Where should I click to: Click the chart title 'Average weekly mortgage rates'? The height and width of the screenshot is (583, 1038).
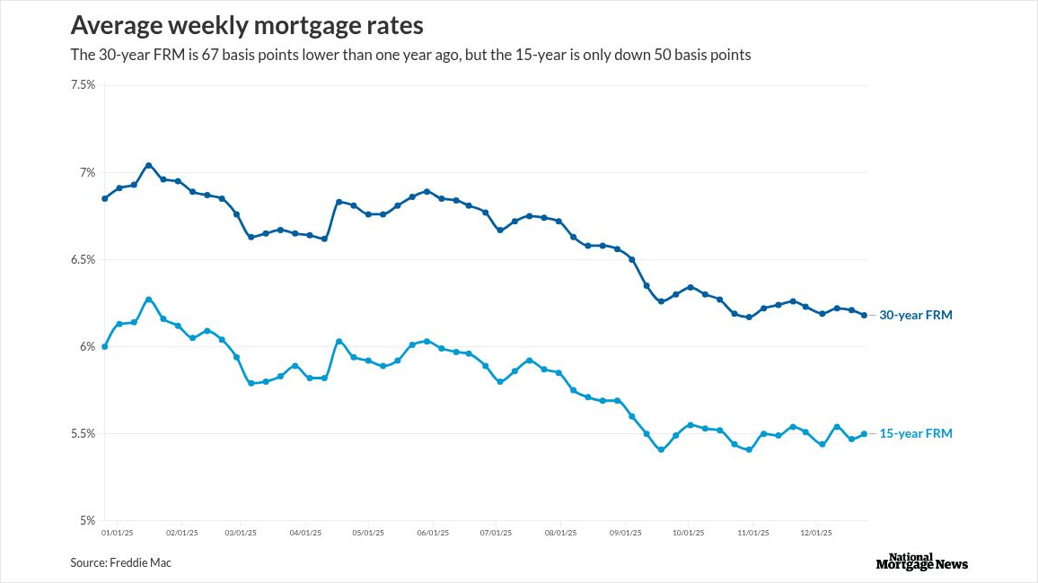click(247, 24)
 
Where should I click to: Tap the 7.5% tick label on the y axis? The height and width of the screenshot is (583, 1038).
click(83, 85)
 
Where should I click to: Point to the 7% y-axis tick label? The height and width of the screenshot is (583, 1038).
click(87, 172)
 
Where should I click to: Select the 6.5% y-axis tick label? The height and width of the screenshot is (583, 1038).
click(83, 259)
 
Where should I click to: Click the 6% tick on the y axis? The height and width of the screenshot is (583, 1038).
click(87, 346)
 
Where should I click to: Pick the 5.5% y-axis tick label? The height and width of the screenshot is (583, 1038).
click(83, 433)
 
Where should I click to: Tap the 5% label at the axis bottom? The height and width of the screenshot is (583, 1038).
click(87, 520)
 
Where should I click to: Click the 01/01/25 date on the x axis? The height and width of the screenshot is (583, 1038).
click(118, 532)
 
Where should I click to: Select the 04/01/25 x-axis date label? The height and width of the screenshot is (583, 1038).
click(305, 532)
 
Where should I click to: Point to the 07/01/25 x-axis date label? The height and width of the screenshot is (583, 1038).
click(497, 532)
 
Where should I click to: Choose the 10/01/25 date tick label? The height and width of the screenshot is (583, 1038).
click(689, 532)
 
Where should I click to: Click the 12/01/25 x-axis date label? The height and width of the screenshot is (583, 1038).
click(816, 532)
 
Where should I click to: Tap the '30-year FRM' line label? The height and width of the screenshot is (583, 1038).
click(915, 315)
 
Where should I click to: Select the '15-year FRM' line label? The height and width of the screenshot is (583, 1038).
click(915, 433)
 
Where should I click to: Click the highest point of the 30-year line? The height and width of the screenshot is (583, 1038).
click(148, 165)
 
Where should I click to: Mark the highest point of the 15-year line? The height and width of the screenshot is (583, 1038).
click(148, 300)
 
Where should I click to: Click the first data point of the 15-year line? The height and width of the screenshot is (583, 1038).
click(105, 346)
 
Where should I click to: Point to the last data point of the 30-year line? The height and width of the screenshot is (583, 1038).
click(865, 315)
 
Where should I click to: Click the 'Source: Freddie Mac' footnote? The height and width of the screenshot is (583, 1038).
click(120, 562)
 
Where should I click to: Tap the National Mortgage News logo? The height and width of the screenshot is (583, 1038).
click(921, 561)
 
